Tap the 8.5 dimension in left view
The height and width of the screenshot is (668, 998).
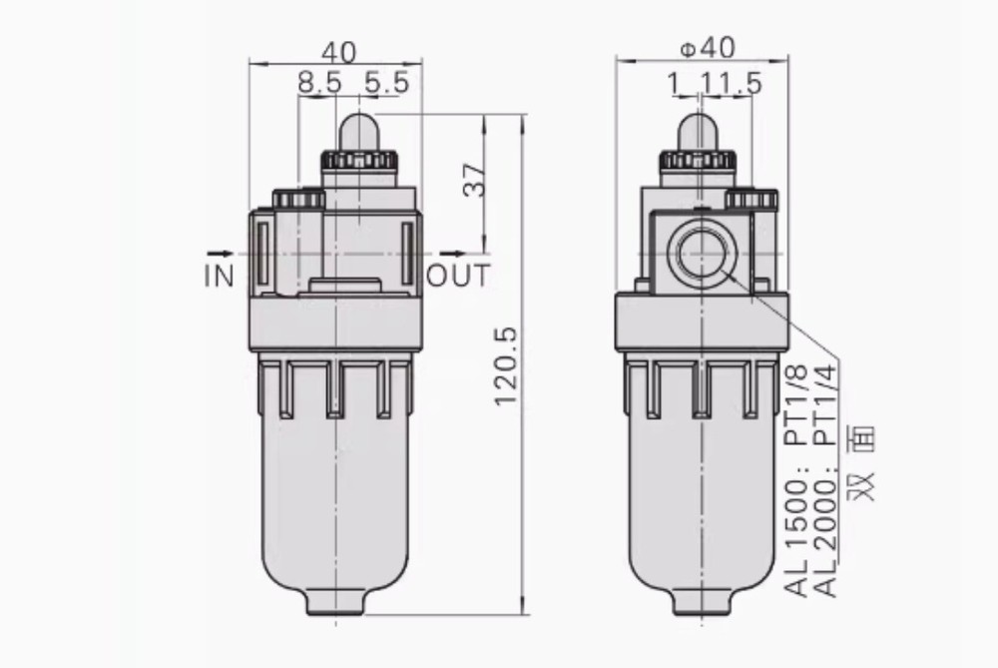319,84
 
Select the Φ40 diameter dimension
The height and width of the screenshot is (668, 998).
706,48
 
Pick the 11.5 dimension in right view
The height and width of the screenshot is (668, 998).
734,84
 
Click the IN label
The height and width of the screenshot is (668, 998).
219,277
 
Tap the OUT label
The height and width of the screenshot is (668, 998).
458,277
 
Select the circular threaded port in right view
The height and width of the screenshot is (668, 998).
704,254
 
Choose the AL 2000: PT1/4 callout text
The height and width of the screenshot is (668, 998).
828,479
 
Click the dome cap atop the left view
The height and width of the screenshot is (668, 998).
359,133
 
